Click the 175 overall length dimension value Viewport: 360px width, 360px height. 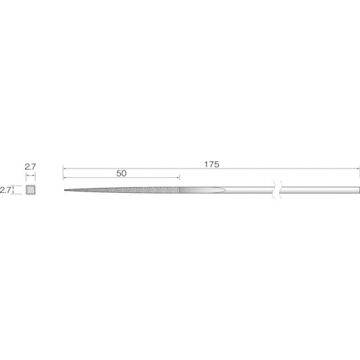[x=212, y=164]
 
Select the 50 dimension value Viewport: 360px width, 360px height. [x=122, y=174]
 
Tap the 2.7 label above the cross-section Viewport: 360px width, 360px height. [x=30, y=166]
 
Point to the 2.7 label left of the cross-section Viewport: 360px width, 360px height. [x=5, y=190]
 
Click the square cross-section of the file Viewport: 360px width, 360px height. [x=30, y=190]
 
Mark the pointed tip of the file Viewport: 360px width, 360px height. [x=64, y=190]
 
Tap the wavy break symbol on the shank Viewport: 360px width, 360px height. [x=277, y=189]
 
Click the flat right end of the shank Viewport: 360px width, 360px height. [x=359, y=190]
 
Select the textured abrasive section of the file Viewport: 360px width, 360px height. [x=122, y=190]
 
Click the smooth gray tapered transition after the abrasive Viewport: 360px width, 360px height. [x=202, y=190]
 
